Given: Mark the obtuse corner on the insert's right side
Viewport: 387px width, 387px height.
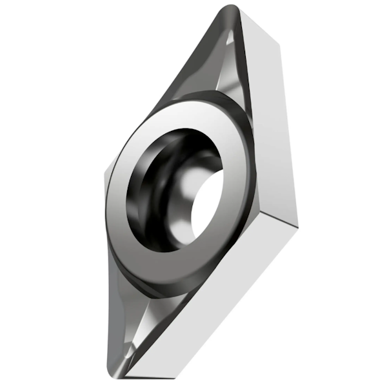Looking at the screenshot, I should point(297,223).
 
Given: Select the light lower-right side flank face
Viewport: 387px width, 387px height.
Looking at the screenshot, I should point(219,303).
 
